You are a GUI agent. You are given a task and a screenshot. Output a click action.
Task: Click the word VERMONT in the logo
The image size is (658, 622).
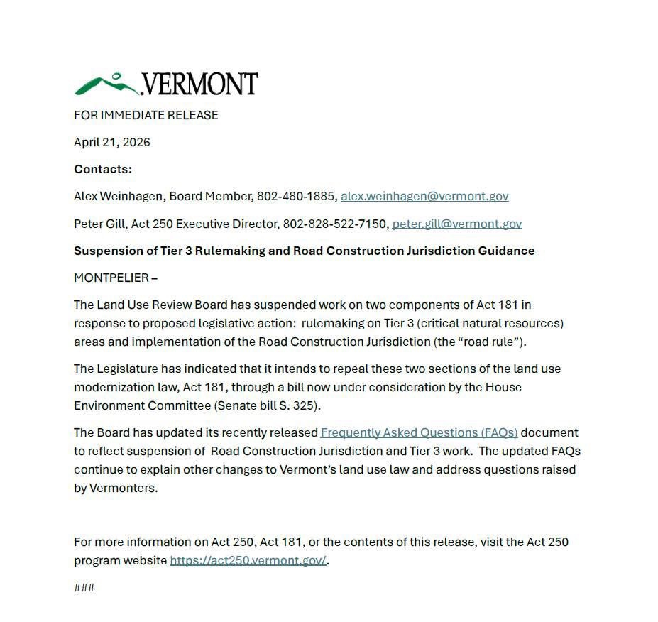[x=200, y=84]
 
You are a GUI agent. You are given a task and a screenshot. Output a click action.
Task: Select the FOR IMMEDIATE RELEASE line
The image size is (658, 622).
[x=146, y=115]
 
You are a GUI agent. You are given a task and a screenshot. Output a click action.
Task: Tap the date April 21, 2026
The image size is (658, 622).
[x=112, y=142]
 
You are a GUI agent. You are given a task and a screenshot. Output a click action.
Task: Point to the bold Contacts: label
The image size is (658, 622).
[x=103, y=169]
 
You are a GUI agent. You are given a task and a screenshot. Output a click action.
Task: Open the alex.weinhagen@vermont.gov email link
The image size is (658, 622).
[x=424, y=196]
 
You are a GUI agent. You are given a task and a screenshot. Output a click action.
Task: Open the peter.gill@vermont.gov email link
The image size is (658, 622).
[x=457, y=224]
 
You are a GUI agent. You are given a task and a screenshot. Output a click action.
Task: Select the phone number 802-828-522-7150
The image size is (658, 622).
[x=336, y=224]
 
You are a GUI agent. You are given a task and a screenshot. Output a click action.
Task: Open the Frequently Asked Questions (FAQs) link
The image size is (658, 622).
[x=419, y=432]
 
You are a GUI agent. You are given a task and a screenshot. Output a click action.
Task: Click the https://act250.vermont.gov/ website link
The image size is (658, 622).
[x=248, y=560]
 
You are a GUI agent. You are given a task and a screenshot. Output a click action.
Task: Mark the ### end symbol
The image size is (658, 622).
[x=84, y=587]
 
